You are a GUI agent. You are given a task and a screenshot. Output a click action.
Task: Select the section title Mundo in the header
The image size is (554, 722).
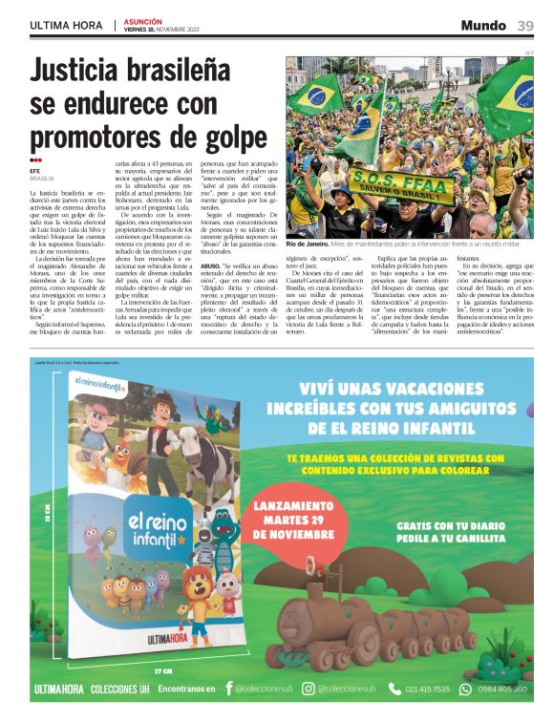pyautogui.click(x=483, y=25)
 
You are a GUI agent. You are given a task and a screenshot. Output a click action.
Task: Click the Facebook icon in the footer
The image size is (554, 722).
pyautogui.click(x=228, y=689)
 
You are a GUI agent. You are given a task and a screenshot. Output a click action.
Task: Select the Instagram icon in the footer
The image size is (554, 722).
pyautogui.click(x=308, y=689)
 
